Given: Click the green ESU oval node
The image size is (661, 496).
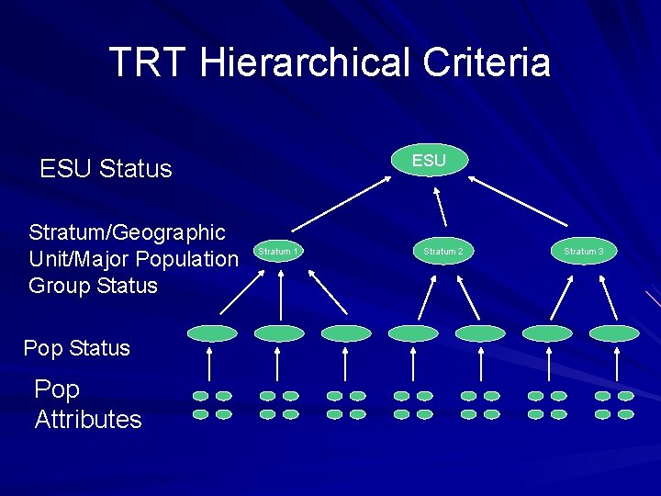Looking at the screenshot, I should click(430, 161).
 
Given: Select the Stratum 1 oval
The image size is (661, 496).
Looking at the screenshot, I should click(278, 251).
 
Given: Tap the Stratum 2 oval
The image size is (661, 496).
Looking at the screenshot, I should click(443, 251).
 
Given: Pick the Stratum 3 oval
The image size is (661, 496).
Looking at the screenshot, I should click(584, 251).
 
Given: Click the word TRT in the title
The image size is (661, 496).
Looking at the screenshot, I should click(147, 62).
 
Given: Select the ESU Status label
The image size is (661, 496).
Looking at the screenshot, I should click(106, 169).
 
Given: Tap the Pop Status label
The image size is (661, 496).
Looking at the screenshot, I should click(77, 348).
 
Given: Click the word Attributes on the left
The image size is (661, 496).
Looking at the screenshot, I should click(88, 420).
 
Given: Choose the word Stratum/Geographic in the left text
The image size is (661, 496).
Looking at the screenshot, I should click(127, 232).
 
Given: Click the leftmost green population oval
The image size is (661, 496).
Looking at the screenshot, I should click(212, 333).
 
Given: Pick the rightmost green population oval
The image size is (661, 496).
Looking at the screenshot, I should click(614, 333).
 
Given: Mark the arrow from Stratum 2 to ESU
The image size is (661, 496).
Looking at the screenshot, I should click(442, 207).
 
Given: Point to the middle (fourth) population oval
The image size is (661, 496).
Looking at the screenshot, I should click(413, 333).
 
